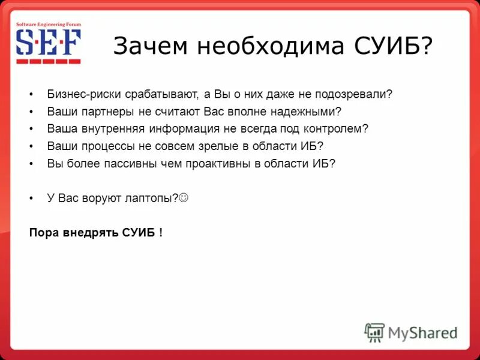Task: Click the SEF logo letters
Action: click(48, 43)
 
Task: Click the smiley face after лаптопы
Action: click(184, 197)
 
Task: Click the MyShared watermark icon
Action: click(374, 332)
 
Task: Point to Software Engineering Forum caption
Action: click(48, 24)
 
